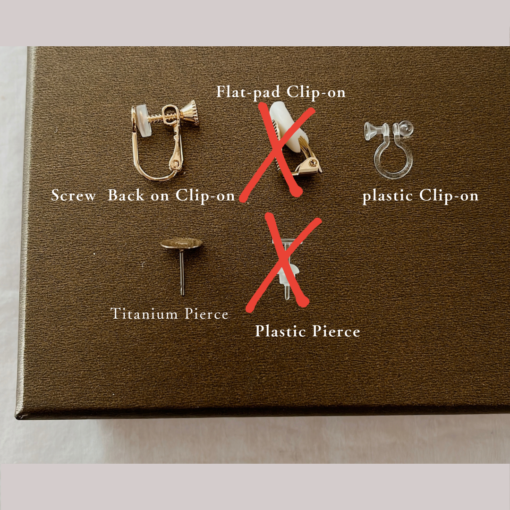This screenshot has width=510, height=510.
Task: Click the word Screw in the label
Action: pos(73,195)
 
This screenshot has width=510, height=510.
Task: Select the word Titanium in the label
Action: pos(144,314)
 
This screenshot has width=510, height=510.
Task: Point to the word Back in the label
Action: pos(126,195)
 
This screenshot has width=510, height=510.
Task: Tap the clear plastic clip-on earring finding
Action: pos(389,149)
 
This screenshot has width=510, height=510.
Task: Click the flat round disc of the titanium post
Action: pos(181,244)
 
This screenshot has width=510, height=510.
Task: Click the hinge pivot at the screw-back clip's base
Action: pos(175,164)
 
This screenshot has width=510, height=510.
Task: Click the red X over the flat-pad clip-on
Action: pos(277,152)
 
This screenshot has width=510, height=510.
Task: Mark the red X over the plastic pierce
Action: pos(283,262)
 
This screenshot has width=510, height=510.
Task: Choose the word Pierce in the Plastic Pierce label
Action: pos(336,331)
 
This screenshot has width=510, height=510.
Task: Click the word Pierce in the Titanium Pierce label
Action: pos(206,314)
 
